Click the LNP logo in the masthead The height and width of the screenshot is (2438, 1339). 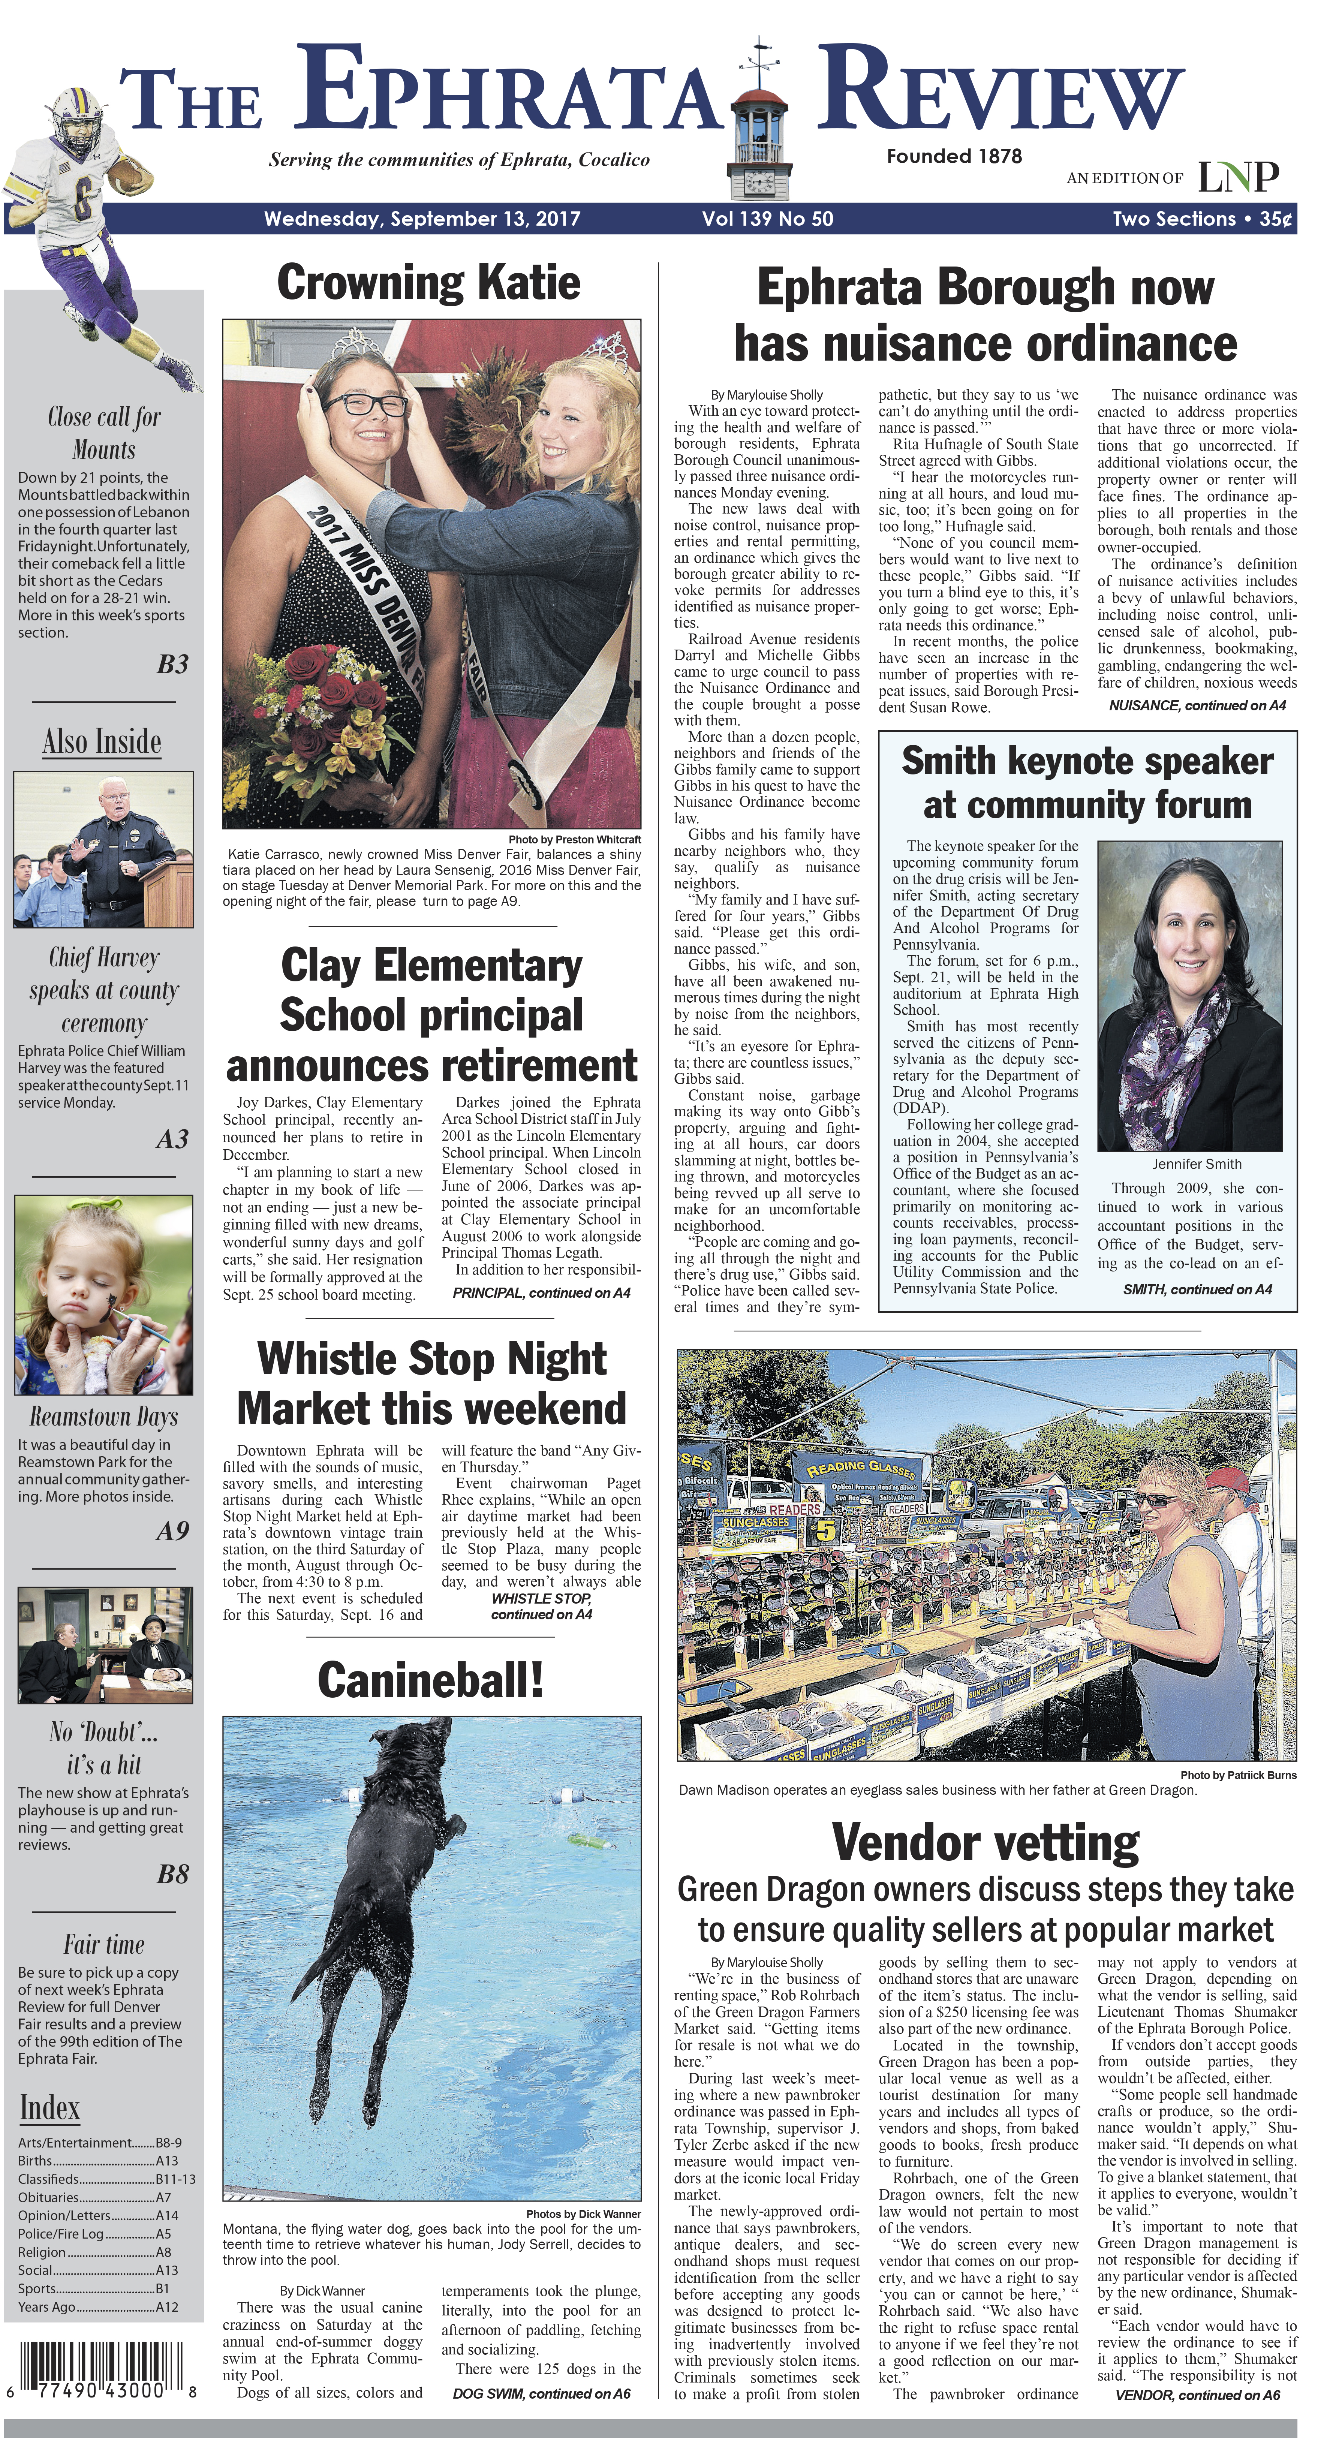coord(1238,176)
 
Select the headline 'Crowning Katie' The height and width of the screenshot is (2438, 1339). coord(429,282)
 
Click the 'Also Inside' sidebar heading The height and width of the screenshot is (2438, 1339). coord(102,741)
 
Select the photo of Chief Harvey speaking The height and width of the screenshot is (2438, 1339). coord(103,849)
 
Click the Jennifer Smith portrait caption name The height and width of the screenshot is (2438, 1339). coord(1196,1164)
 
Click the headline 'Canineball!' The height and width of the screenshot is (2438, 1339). coord(431,1680)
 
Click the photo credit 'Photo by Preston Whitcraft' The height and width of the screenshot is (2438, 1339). coord(574,840)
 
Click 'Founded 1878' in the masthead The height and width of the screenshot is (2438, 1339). coord(954,156)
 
